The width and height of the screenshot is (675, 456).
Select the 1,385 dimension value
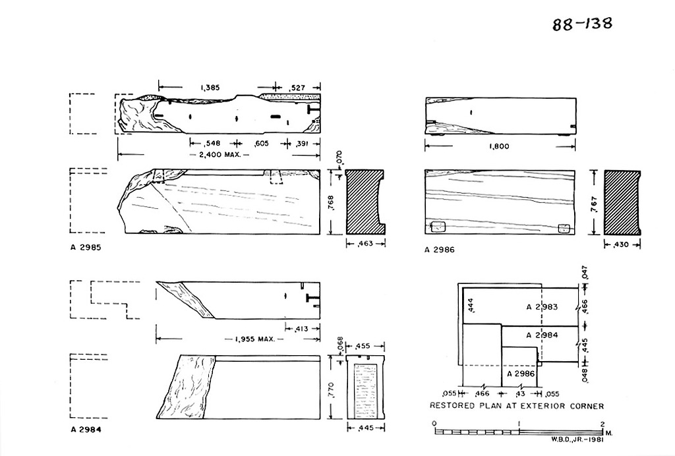pos(210,88)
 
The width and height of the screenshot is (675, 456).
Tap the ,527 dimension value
pos(298,88)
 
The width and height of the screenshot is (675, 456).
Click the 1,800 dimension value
pos(500,146)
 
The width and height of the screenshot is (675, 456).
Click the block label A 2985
pos(86,247)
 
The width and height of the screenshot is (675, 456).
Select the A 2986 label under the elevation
pos(440,250)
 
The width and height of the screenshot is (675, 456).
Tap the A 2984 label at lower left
pos(86,430)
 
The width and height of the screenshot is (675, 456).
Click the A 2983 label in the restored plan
pos(542,306)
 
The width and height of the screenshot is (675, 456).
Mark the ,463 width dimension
pos(365,244)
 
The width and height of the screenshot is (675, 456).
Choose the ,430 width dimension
pos(622,244)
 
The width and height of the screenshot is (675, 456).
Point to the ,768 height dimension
pos(331,203)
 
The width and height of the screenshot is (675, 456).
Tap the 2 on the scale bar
pos(602,423)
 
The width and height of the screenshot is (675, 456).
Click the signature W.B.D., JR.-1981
pos(576,440)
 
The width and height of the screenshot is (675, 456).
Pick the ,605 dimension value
pos(260,143)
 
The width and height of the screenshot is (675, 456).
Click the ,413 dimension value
pos(301,329)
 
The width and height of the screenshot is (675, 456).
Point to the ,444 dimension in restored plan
pos(470,306)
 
